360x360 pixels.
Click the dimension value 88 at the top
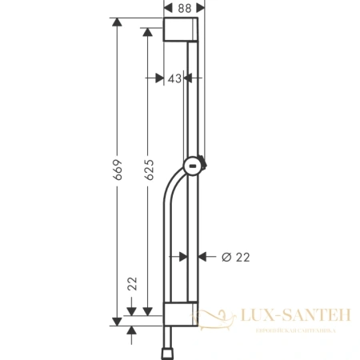click(184, 8)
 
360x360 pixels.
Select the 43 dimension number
click(175, 78)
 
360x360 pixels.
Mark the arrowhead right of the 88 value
click(200, 8)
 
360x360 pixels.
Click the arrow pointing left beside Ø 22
click(202, 256)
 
